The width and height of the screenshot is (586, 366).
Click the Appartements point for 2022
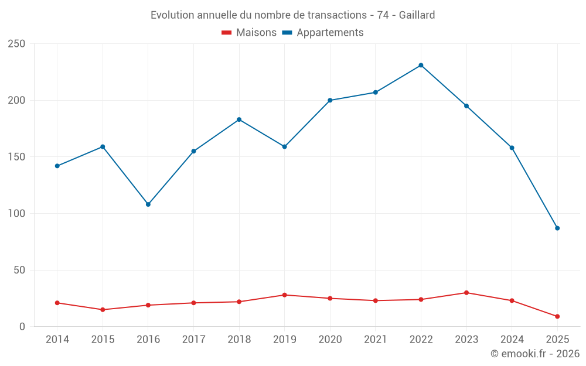(x=421, y=65)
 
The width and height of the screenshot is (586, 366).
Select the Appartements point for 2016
(x=148, y=204)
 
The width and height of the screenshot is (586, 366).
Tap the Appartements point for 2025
(x=557, y=228)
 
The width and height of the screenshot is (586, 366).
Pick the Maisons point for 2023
(x=466, y=293)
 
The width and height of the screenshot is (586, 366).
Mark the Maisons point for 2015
(x=103, y=310)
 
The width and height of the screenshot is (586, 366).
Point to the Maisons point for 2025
(x=557, y=316)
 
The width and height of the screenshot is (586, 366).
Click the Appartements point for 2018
(x=239, y=119)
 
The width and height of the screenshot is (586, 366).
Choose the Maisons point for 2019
(x=284, y=295)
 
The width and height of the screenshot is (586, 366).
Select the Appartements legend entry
(x=330, y=33)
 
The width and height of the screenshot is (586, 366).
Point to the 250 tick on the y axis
(x=17, y=44)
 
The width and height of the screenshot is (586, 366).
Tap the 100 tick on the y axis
(x=17, y=214)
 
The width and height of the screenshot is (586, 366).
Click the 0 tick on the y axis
(x=22, y=327)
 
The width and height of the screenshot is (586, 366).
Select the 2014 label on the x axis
(x=57, y=340)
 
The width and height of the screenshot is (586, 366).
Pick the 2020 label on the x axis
(x=330, y=340)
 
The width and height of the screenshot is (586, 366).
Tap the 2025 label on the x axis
(x=557, y=340)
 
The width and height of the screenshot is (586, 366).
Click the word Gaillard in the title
(x=417, y=15)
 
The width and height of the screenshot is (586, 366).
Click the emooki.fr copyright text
(x=535, y=354)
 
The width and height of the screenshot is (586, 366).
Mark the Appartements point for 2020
(x=330, y=100)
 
